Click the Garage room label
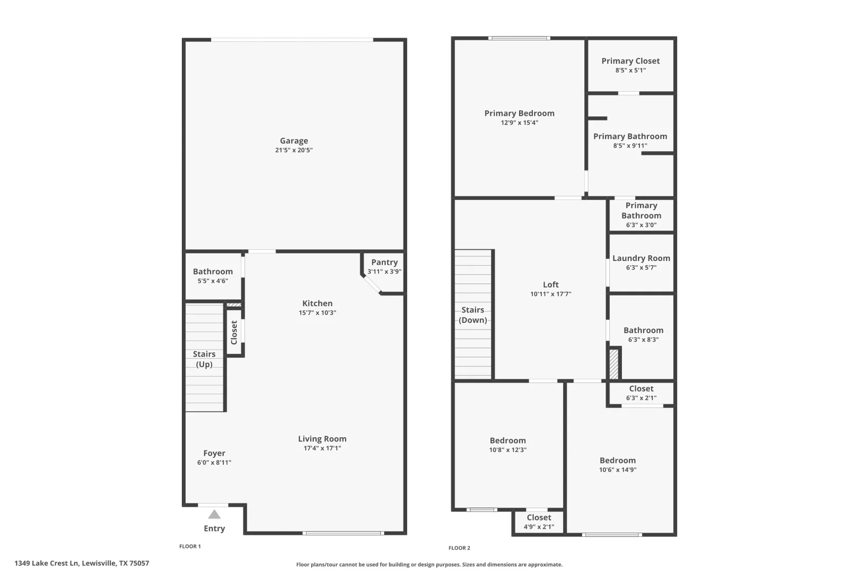294,141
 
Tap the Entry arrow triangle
214,514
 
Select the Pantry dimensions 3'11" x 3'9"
384,271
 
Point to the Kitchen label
318,303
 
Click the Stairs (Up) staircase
204,358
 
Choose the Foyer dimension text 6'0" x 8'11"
214,463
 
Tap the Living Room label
322,439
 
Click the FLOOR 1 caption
190,546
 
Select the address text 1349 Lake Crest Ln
47,563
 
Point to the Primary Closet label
630,61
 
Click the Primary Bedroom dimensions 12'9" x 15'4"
519,123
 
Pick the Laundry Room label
641,258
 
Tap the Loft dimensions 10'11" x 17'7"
551,294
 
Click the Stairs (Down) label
473,315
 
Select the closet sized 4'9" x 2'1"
539,522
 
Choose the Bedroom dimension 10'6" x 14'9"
618,470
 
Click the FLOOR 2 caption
459,548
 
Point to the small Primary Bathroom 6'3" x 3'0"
641,215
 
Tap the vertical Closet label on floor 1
234,332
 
